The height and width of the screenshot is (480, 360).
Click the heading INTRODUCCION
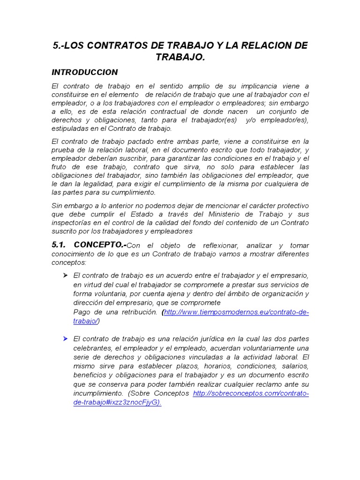(x=84, y=73)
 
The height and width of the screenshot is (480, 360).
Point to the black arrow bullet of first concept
(x=66, y=275)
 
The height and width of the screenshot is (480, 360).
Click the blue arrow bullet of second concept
(x=66, y=338)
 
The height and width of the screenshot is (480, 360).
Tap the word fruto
(x=60, y=167)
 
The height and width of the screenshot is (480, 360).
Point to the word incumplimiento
(x=97, y=393)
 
